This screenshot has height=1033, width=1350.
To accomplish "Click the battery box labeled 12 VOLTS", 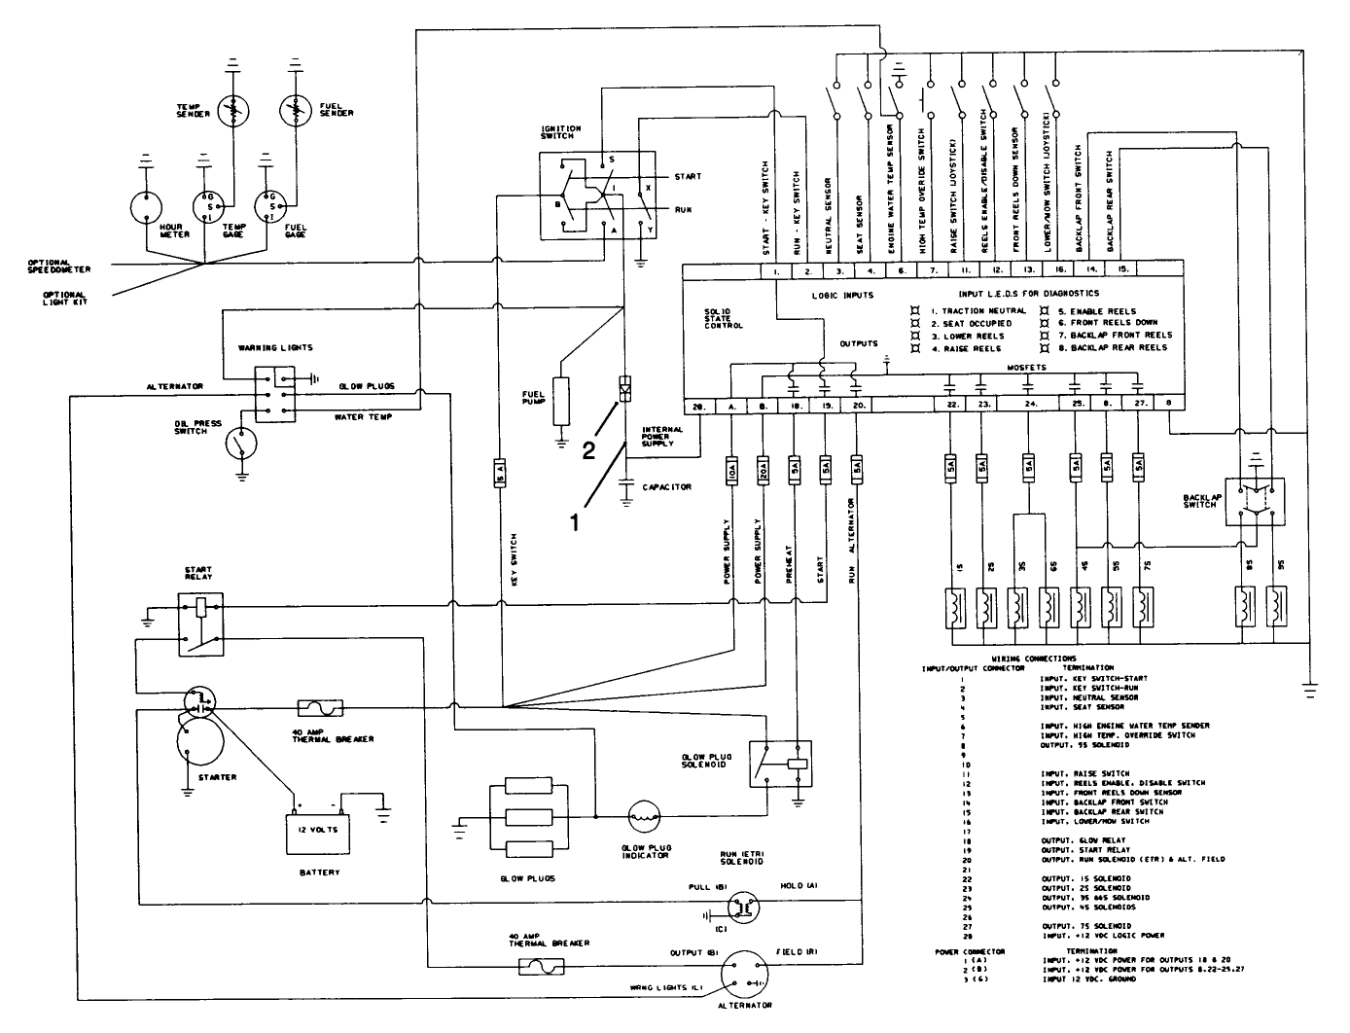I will tap(318, 833).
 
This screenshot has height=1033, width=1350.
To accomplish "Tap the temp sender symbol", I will tap(231, 112).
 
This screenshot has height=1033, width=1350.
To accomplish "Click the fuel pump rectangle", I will tap(560, 399).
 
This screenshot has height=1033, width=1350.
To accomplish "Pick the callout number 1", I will tap(575, 521).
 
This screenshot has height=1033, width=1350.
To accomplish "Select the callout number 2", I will tap(589, 449).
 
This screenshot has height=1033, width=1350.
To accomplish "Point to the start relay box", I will tap(200, 623).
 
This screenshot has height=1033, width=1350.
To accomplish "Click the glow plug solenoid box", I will tap(781, 762).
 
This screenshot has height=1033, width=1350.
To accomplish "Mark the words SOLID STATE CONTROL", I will tap(724, 316).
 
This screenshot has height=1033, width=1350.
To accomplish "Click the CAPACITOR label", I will tap(666, 486).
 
